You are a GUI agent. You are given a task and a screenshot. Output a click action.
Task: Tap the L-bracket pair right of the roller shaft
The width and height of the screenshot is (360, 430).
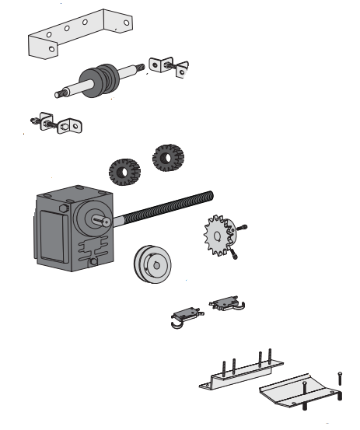click(168, 67)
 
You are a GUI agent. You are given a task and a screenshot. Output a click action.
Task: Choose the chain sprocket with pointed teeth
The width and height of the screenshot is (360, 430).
click(216, 234)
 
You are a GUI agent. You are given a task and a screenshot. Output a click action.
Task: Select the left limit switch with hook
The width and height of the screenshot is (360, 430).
click(185, 314)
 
